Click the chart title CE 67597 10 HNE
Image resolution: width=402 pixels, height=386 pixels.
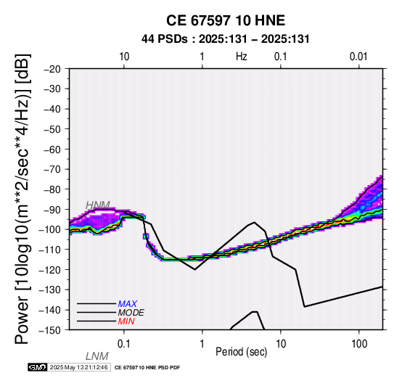226,20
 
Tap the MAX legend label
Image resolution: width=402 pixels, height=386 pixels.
128,304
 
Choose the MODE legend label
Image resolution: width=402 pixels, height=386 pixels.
131,313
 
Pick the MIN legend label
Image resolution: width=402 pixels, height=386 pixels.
126,321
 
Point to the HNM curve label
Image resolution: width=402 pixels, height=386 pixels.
98,205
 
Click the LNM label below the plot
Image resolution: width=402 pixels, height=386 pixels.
97,356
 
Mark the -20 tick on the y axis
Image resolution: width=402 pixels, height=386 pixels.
52,69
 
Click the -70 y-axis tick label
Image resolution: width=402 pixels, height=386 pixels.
52,169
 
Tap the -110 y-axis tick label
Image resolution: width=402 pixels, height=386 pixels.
50,250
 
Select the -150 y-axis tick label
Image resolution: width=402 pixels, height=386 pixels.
50,330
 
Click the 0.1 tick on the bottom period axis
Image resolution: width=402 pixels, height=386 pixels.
124,344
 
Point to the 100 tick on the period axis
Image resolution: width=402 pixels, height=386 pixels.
359,344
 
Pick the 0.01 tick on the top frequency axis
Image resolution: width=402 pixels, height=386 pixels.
358,57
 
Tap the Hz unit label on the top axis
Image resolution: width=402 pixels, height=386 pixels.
242,57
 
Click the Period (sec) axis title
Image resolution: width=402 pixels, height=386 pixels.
242,352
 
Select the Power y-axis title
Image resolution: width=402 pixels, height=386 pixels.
22,199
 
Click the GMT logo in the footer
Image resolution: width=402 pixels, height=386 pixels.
38,367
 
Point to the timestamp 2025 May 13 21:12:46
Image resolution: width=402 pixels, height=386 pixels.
78,367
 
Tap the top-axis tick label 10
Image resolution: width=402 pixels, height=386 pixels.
124,57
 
